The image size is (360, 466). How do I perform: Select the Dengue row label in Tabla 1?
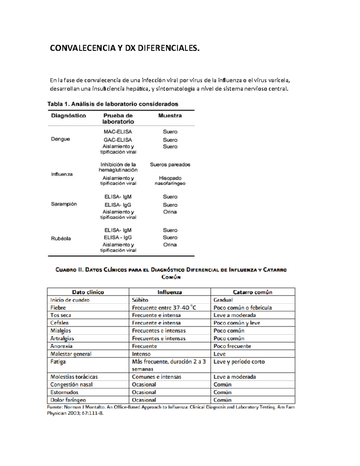click(60, 139)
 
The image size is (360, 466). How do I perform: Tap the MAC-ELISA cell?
click(118, 132)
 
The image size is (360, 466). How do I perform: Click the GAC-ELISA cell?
click(118, 140)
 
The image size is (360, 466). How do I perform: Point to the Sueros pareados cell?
click(170, 164)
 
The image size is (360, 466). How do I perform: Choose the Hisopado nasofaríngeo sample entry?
click(170, 181)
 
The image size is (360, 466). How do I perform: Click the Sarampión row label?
click(64, 204)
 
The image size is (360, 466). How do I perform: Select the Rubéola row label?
click(61, 239)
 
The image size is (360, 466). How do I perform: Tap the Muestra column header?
click(170, 116)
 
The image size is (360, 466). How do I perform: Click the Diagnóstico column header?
click(68, 116)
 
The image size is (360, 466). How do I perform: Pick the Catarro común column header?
click(252, 292)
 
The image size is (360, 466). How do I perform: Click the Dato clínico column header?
click(88, 292)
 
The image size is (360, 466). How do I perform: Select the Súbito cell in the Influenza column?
click(140, 300)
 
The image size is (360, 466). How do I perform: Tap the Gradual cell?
click(223, 300)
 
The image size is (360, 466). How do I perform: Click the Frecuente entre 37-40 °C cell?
click(164, 308)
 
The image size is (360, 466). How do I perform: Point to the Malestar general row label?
click(71, 354)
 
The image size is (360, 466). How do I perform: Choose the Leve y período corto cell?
click(239, 362)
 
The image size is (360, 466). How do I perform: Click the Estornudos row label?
click(64, 392)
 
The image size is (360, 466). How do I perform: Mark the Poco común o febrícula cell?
click(242, 308)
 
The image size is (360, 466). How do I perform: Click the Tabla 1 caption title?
click(112, 104)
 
